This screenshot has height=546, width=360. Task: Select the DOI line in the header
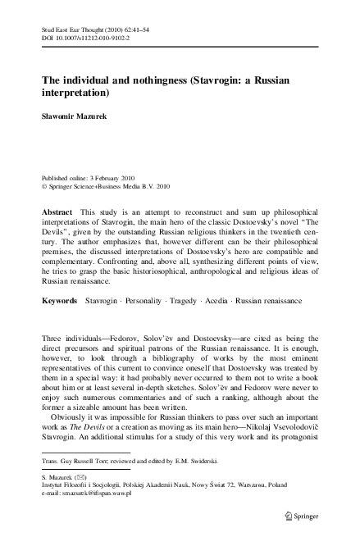click(x=87, y=38)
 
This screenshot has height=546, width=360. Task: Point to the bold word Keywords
click(x=60, y=302)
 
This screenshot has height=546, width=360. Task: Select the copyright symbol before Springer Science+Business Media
click(x=44, y=186)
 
